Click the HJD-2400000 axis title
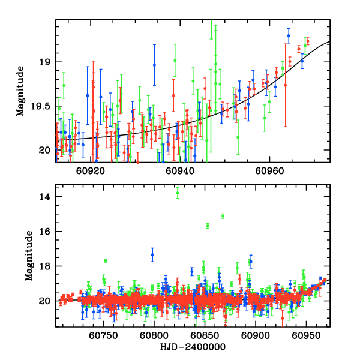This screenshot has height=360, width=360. [192, 347]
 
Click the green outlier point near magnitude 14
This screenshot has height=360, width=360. [178, 193]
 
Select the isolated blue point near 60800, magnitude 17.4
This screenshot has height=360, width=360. [152, 255]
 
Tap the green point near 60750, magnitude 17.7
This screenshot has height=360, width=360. [106, 261]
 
